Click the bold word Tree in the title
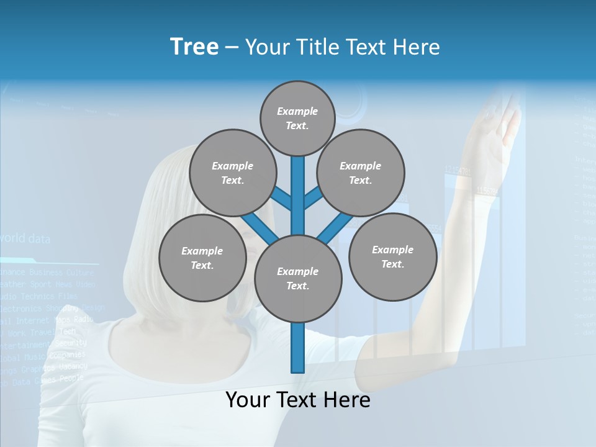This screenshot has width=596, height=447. tap(194, 47)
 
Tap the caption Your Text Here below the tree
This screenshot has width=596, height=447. tap(298, 400)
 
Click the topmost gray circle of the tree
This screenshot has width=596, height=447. tap(297, 118)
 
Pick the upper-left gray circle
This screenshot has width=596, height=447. tap(233, 173)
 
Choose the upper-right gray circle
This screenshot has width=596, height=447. tap(361, 173)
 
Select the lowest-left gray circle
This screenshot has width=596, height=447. tap(202, 258)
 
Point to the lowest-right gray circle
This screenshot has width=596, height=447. tap(392, 256)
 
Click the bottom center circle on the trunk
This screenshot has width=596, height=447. tap(298, 278)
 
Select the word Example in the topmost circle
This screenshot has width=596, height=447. tap(297, 111)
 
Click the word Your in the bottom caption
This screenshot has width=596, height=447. tap(248, 400)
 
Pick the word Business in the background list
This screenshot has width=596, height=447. tap(46, 272)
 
